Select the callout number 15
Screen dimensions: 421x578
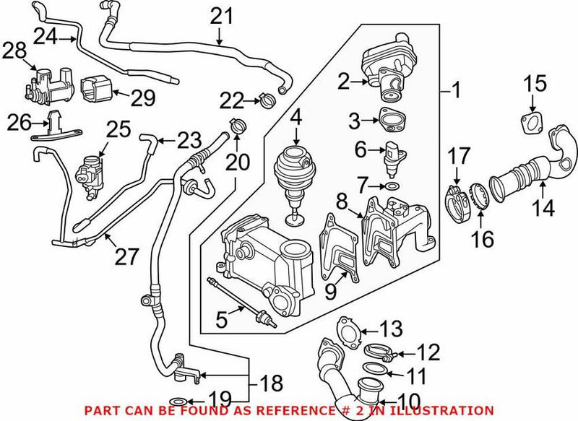[535, 84]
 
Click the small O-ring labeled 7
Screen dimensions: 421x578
[391, 187]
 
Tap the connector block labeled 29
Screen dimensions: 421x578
[98, 95]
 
